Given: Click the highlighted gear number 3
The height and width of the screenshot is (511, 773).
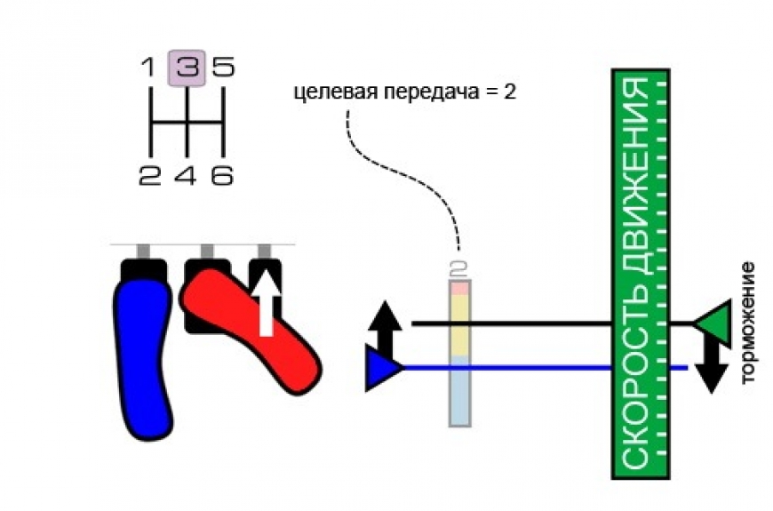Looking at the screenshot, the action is coord(187,68).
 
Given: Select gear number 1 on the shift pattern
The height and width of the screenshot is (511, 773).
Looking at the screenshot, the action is coord(148,67).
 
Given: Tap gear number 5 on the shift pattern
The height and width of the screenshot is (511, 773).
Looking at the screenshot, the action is coord(223,67).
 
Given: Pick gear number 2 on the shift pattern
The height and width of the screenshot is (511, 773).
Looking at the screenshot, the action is coord(150,175).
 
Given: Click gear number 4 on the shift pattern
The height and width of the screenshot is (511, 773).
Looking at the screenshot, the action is coord(186,175).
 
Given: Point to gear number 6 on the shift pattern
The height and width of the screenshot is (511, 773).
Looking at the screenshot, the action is coord(222,175).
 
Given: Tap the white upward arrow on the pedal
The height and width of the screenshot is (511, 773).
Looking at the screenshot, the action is coord(267,302).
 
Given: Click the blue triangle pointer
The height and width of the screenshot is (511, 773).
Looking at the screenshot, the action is coord(382,368).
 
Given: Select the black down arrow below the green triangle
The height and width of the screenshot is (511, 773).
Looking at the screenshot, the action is coord(712,367).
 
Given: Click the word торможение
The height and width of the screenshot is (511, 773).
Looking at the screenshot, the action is coord(747,323).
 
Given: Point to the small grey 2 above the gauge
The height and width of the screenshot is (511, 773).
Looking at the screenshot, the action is coord(459,269).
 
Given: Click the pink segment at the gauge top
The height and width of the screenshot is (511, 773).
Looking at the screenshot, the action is coord(460,288).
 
